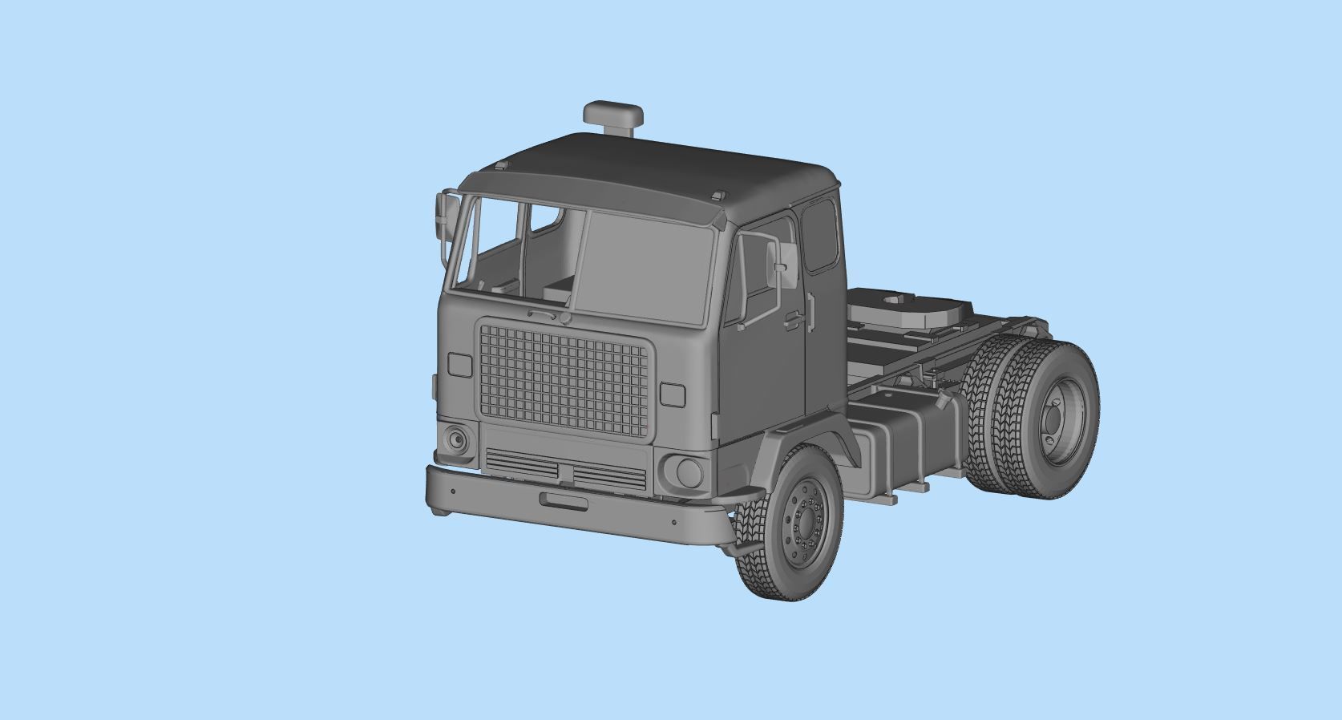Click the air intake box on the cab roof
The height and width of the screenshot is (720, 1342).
(x=613, y=115)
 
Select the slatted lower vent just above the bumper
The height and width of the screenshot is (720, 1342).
(x=566, y=470)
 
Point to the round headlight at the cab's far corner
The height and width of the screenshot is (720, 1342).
(x=456, y=439)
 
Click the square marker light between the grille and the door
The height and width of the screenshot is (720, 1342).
(x=673, y=394)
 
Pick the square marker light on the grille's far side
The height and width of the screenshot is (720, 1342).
(x=459, y=365)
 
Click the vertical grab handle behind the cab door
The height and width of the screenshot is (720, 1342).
(x=811, y=313)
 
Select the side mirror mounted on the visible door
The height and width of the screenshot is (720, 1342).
(x=777, y=264)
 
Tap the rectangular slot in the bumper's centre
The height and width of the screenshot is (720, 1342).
(x=564, y=501)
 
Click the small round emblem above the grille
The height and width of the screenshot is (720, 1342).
(x=566, y=318)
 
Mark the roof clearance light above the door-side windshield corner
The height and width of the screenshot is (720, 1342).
(x=719, y=194)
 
